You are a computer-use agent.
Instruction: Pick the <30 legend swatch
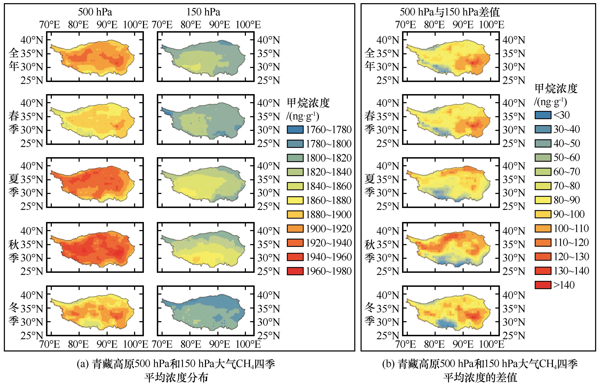(x=543, y=115)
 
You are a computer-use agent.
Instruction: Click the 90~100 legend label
(x=569, y=214)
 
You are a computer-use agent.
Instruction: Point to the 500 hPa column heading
(x=95, y=12)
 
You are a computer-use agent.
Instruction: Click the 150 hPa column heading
(x=203, y=12)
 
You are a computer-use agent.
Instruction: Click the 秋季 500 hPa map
(x=95, y=247)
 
